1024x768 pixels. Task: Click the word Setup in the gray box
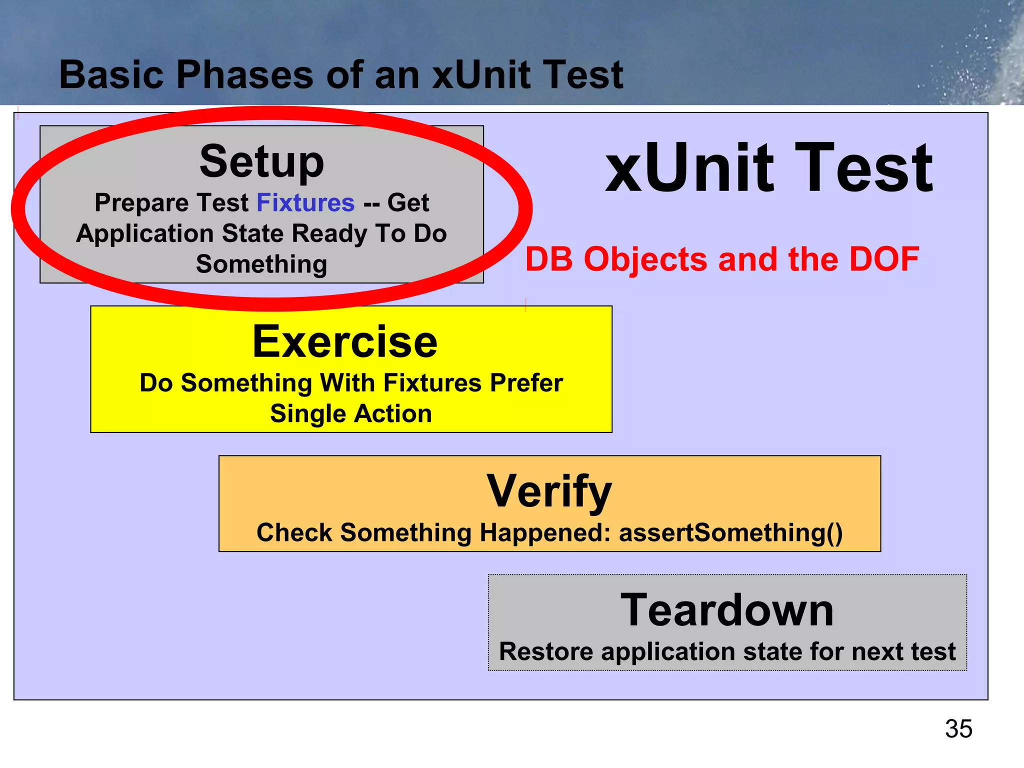pos(261,162)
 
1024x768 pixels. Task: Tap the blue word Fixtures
pos(305,202)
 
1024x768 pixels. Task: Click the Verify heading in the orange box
pos(549,491)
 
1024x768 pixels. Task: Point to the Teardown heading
pos(727,609)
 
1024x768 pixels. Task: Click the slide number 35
pos(958,728)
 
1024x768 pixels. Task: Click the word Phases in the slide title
pos(244,75)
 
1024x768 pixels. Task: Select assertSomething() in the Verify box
pos(731,532)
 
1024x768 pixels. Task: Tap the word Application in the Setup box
pos(145,234)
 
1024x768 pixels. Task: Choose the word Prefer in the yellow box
pos(526,383)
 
